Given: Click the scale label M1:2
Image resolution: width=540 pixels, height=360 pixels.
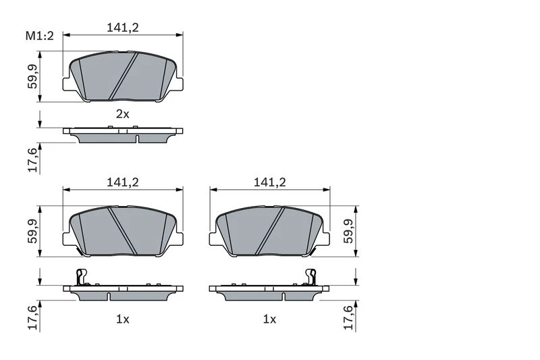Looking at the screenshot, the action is pos(40,36).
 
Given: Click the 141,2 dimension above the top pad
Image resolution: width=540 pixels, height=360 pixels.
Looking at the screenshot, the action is pos(123,27).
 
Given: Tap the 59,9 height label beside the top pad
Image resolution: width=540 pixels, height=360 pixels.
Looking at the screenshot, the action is pos(32,76).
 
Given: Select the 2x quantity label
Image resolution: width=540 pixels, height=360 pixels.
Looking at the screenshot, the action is pos(122,113).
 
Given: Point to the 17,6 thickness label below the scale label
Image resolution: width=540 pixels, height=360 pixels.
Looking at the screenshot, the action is pos(32,159).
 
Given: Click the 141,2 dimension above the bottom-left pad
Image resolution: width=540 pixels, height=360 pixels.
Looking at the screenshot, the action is pos(123,182).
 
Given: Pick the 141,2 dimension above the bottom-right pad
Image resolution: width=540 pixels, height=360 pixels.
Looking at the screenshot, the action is pos(269,182).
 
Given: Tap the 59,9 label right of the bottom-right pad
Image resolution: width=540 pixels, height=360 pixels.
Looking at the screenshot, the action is pos(348,231).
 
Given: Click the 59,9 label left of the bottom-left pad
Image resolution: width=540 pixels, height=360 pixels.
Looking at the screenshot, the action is pos(32,231).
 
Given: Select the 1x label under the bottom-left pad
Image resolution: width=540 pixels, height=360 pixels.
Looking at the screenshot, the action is pos(122,319).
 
